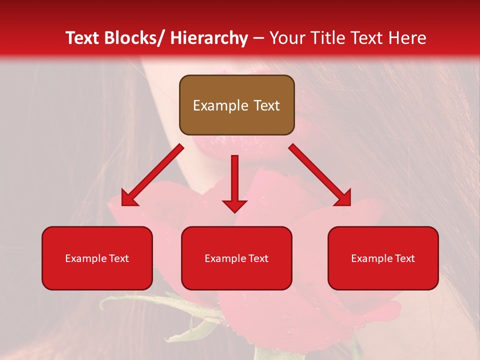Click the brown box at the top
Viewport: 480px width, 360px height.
click(236, 105)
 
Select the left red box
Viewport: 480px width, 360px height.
click(97, 258)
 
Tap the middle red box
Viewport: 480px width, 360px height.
click(236, 258)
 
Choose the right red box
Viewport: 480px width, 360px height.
click(383, 258)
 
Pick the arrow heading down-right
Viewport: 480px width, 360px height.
click(320, 175)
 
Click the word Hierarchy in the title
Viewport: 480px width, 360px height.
click(209, 38)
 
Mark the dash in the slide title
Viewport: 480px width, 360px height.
click(258, 38)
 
